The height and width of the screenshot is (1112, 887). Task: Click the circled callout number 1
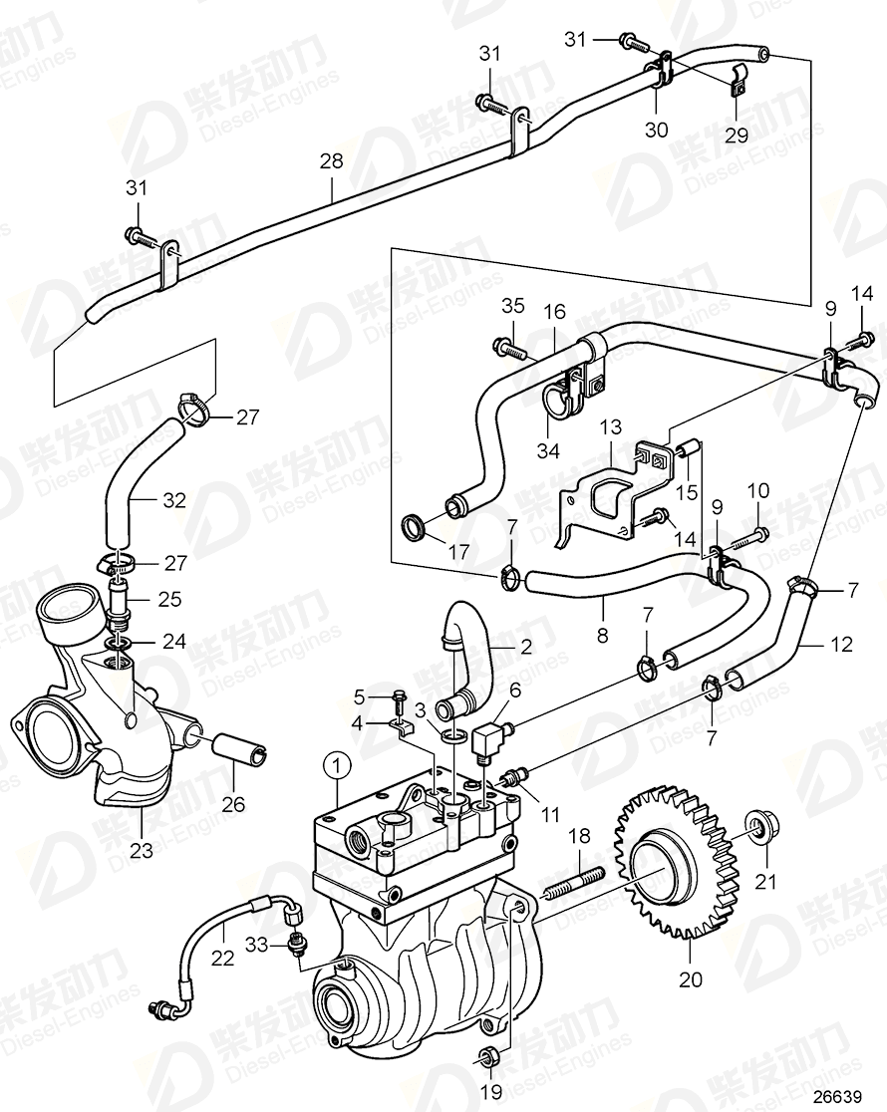click(x=338, y=765)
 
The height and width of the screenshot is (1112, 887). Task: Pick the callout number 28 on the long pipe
click(x=330, y=160)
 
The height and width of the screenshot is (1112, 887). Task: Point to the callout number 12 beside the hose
click(x=842, y=644)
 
